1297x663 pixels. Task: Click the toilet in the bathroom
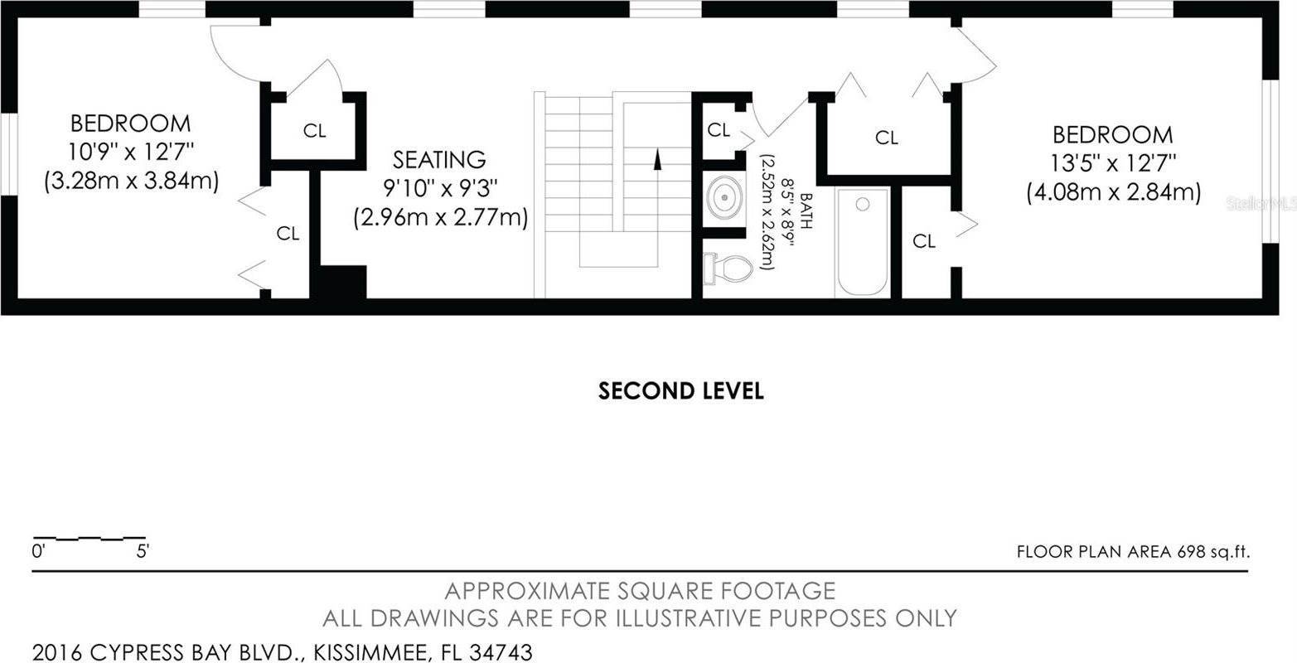pos(728,269)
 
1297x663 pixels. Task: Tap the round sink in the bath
pos(724,197)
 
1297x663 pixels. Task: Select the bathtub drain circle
pos(863,204)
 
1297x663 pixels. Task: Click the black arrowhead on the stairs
pos(657,159)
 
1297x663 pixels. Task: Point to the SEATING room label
pos(439,160)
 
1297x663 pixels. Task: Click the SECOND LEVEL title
pos(681,391)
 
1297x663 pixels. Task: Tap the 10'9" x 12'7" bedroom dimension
pos(131,152)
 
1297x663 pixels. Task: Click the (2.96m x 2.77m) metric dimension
pos(441,218)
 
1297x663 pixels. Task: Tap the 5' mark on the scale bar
pos(143,551)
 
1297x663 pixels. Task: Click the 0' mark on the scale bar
pos(38,551)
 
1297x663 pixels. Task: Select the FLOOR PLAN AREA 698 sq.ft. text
pos(1133,551)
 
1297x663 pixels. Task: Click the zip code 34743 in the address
pos(501,652)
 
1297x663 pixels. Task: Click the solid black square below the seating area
pos(339,282)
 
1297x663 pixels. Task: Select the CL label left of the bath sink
pos(719,130)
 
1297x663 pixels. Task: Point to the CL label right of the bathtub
pos(923,241)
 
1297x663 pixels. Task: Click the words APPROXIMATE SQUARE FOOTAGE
pos(640,591)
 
